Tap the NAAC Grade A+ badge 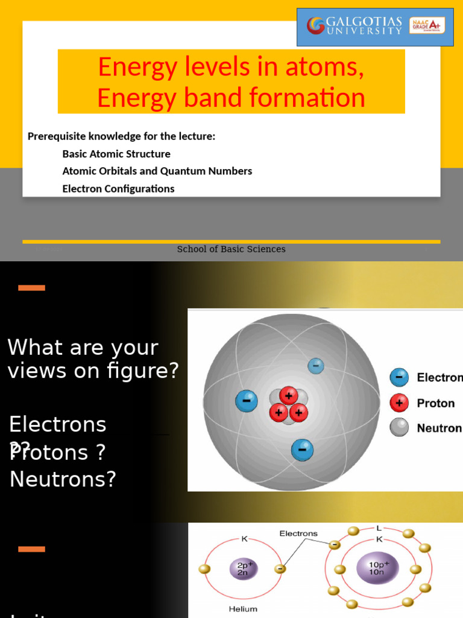tap(427, 26)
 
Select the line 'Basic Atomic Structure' tap(116, 154)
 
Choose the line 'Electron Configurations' tap(118, 188)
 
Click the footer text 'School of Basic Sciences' tap(231, 249)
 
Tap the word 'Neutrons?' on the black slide tap(63, 479)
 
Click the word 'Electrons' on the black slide tap(58, 424)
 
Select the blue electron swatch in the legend tap(399, 378)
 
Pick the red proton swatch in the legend tap(399, 403)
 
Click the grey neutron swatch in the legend tap(399, 428)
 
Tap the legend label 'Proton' tap(435, 403)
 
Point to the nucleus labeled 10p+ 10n tap(378, 568)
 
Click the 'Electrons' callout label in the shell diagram tap(298, 534)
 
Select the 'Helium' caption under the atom tap(243, 609)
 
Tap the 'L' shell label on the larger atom tap(379, 528)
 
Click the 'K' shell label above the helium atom tap(244, 539)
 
